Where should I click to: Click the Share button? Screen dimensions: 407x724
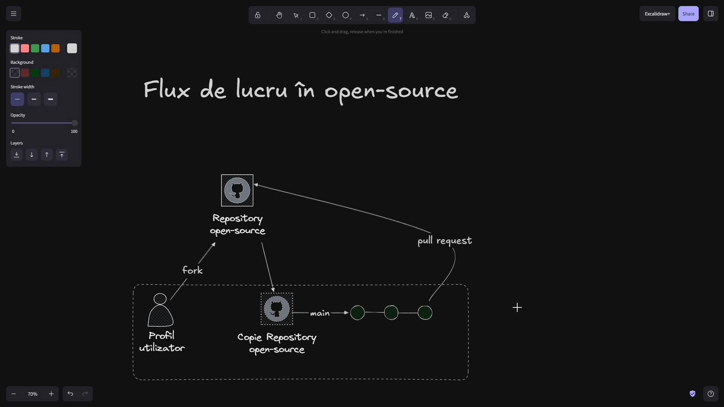tap(688, 14)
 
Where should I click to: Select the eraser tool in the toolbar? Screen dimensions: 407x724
tap(446, 15)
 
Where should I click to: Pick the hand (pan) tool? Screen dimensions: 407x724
tap(279, 15)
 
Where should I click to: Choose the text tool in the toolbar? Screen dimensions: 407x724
tap(412, 15)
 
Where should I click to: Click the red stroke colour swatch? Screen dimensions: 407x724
tap(25, 48)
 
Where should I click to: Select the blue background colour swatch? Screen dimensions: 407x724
tap(45, 73)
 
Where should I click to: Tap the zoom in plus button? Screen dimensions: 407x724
tap(51, 394)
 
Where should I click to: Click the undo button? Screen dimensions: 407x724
tap(70, 394)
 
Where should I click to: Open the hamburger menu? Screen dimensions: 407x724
tap(14, 14)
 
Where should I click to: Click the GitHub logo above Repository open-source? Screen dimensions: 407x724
tap(237, 190)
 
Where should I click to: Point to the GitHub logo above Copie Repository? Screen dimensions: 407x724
tap(277, 309)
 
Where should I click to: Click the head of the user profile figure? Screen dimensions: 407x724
tap(160, 299)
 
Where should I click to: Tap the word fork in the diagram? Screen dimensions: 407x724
tap(192, 270)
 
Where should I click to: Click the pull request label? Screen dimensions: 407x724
tap(444, 241)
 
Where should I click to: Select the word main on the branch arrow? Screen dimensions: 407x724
tap(320, 313)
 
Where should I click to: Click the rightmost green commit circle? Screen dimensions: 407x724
tap(425, 313)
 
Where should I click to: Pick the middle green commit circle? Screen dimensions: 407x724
tap(391, 313)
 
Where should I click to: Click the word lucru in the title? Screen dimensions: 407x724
tap(261, 91)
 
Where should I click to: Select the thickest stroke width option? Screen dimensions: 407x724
tap(51, 99)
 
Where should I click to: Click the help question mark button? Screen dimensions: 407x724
tap(710, 394)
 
